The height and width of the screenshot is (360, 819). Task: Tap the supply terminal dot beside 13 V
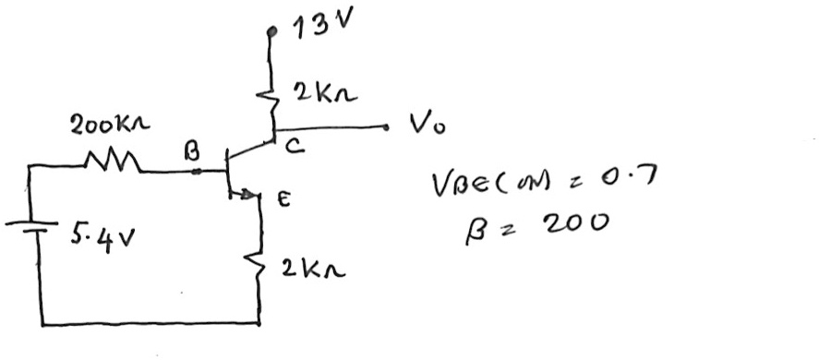pos(271,31)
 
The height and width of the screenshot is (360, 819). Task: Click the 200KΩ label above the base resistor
pos(111,126)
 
